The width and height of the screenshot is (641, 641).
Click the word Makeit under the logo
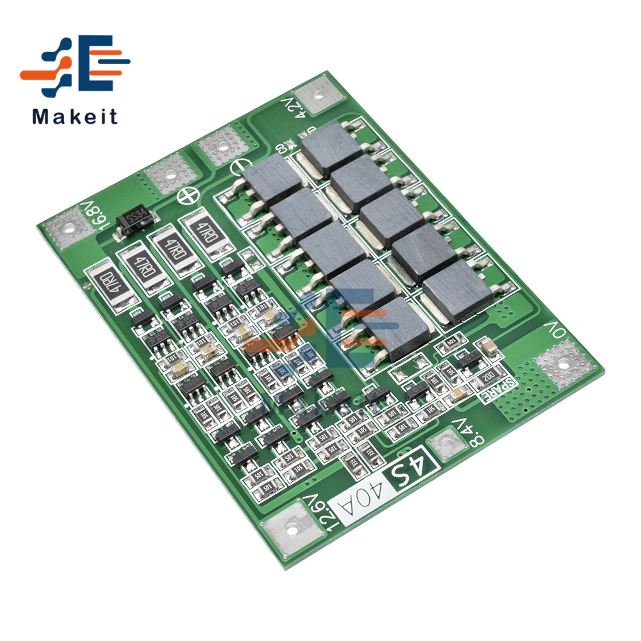pos(75,117)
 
